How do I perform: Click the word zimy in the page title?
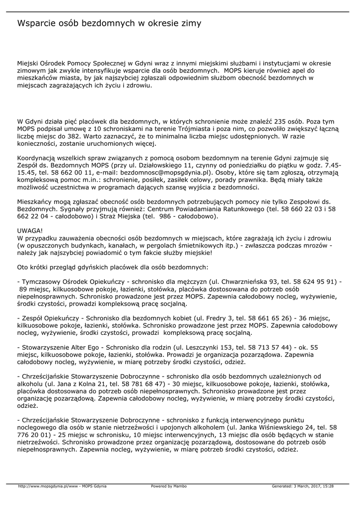click(189, 23)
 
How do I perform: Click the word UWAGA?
click(30, 231)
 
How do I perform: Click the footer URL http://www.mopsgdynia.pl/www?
click(49, 486)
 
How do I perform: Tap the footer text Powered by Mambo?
click(169, 486)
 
